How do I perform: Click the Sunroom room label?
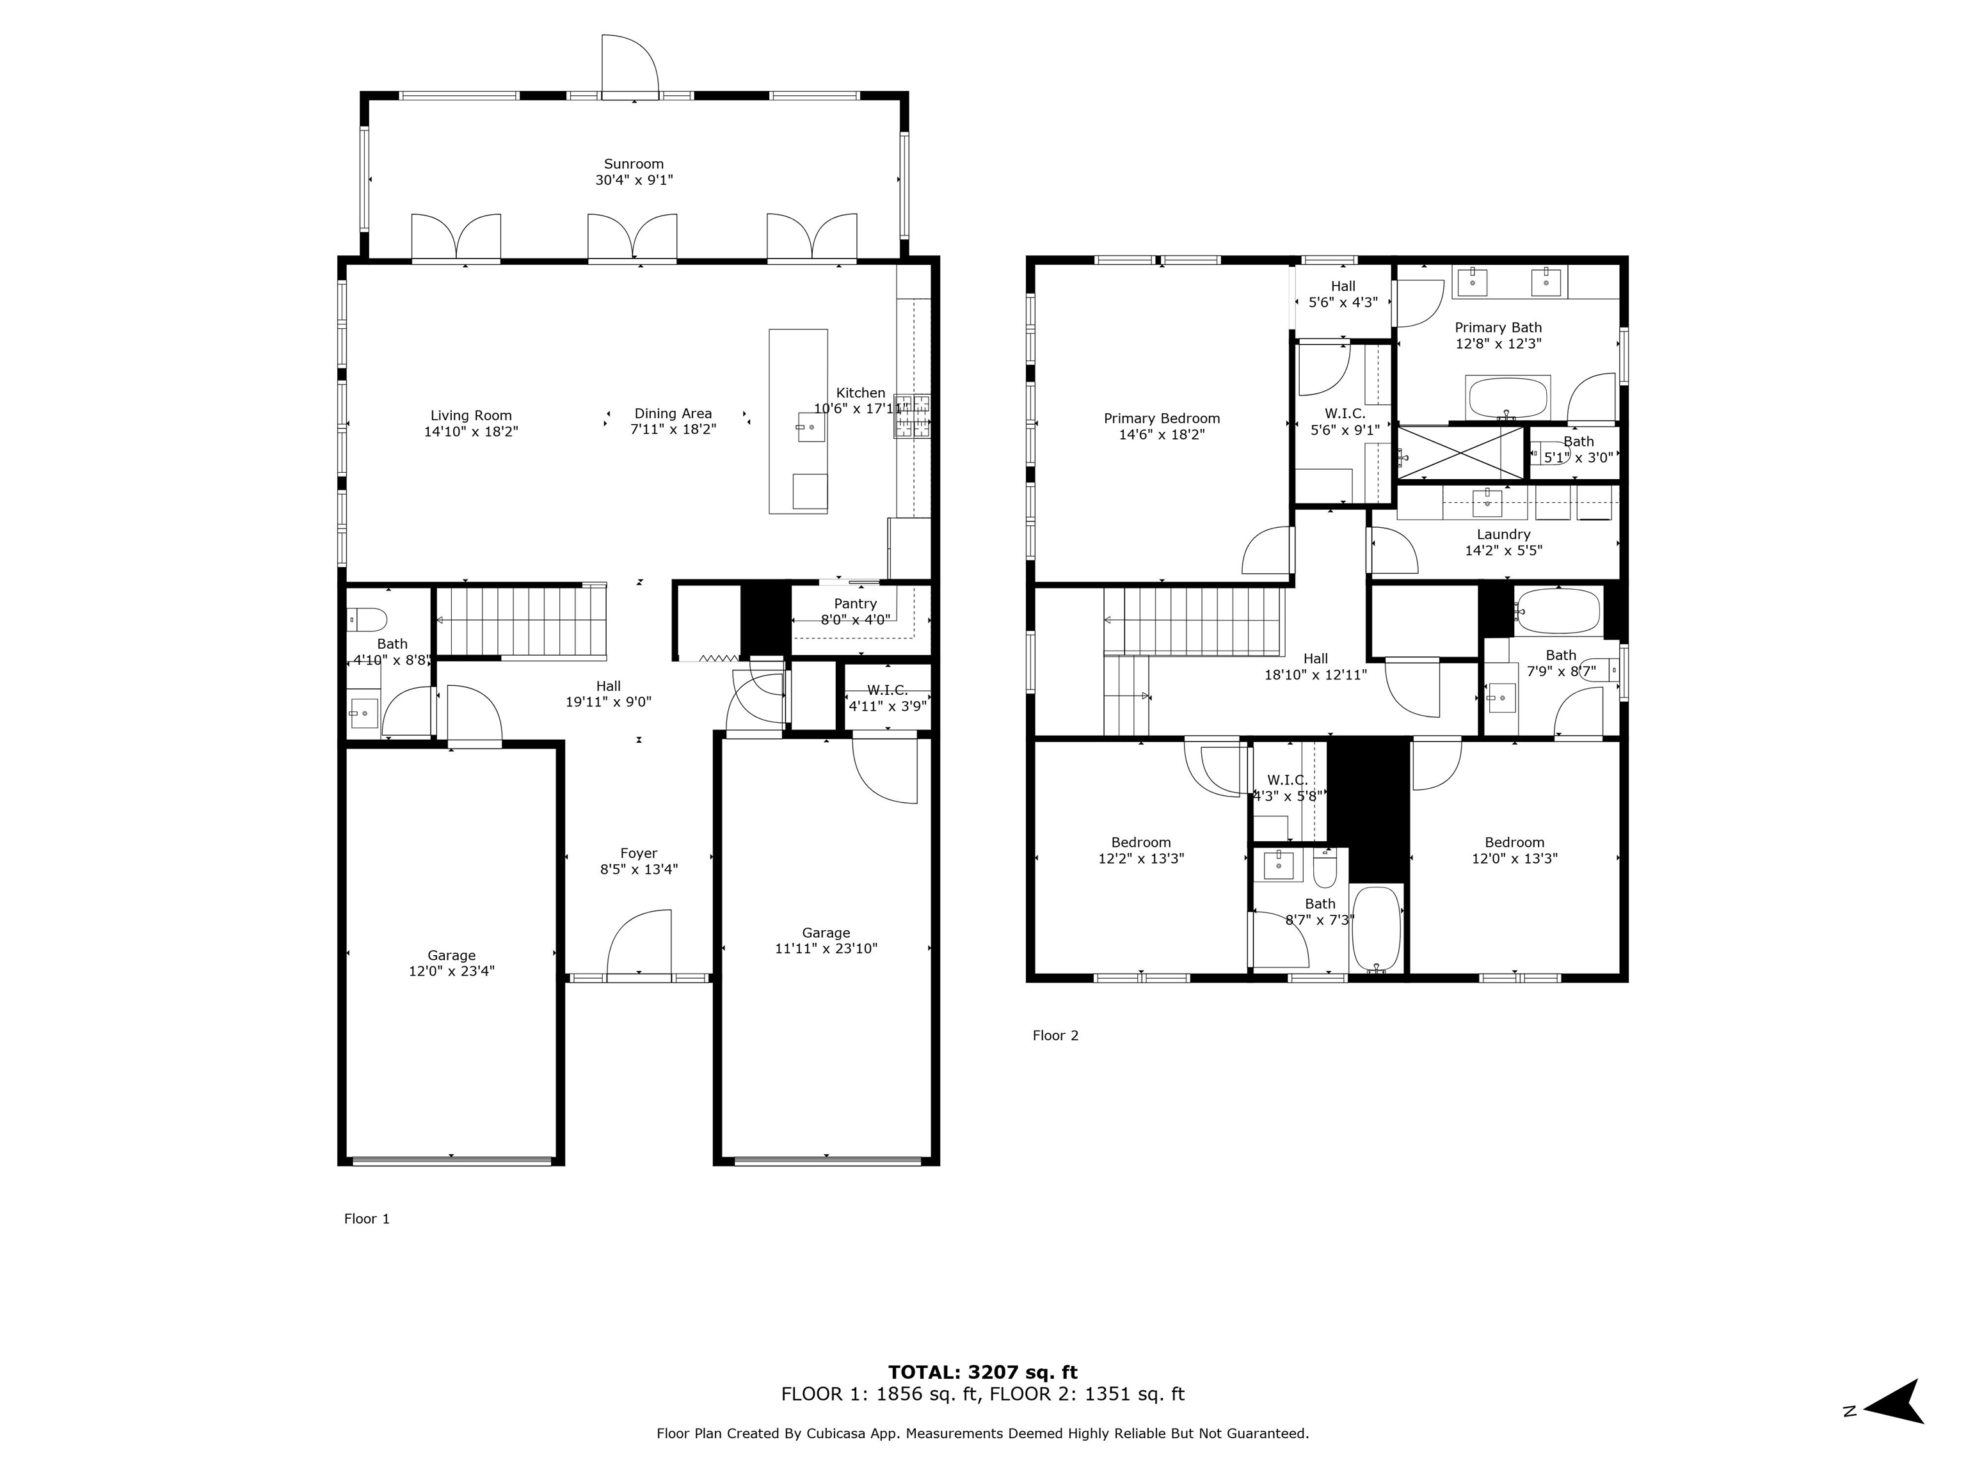[634, 164]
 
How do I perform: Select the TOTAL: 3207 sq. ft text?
[982, 1373]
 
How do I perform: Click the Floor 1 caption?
[367, 1219]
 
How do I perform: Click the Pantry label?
[855, 604]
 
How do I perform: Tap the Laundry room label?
[1503, 535]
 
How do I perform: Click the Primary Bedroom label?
[1162, 418]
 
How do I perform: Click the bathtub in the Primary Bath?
[1508, 398]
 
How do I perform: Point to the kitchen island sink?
[811, 427]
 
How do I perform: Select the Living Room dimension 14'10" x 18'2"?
[471, 432]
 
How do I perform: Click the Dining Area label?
[673, 414]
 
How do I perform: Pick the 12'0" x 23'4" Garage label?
[452, 971]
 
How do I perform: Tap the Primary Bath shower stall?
[1461, 453]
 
